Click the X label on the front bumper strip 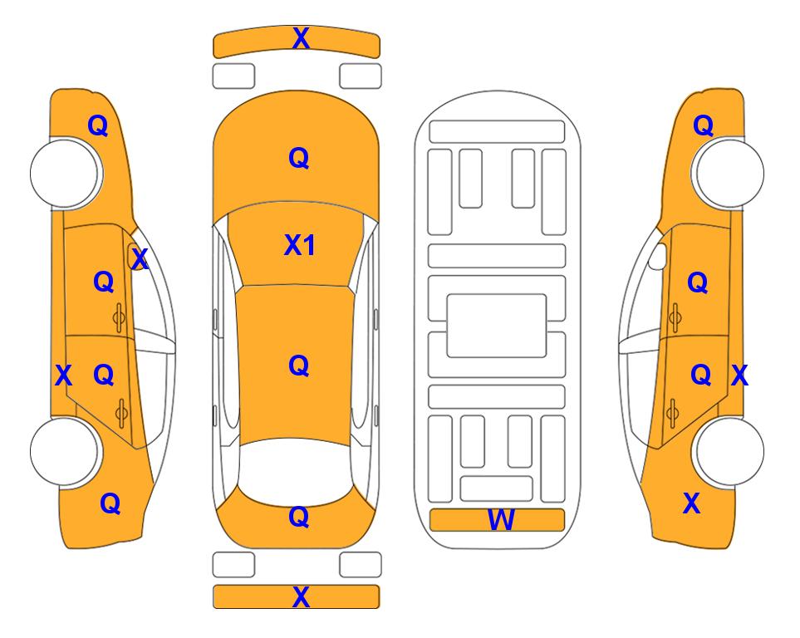tap(301, 38)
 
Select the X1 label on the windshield tap(300, 245)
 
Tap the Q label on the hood tap(299, 158)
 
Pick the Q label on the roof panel tap(299, 366)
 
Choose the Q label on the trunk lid tap(299, 517)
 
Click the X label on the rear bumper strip tap(301, 596)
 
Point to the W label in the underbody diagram tap(500, 520)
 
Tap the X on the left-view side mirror tap(140, 258)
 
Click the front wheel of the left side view tap(65, 173)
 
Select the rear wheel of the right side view tap(729, 451)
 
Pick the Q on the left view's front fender tap(98, 125)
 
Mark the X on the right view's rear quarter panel tap(691, 503)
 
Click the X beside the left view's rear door tap(63, 375)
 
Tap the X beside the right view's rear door tap(739, 375)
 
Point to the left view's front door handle tap(119, 317)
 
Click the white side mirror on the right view tap(658, 256)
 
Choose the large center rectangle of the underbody tap(497, 326)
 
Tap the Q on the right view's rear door tap(701, 375)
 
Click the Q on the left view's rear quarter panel tap(110, 503)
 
